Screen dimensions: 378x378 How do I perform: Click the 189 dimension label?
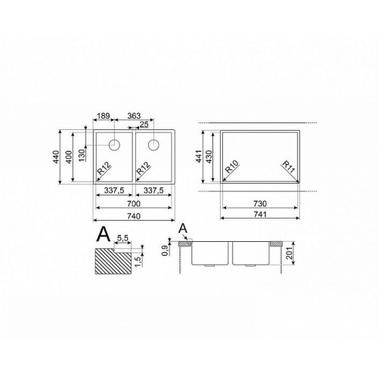tap(104, 116)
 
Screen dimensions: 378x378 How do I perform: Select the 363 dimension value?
tap(134, 116)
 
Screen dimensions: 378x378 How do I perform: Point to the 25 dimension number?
tap(144, 125)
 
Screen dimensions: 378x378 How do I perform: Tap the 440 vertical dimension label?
tap(56, 156)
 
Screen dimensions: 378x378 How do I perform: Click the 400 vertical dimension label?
tap(69, 156)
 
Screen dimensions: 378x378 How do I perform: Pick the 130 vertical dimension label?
tap(82, 155)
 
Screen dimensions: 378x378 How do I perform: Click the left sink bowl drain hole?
tap(114, 145)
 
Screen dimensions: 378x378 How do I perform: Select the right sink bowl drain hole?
tap(153, 145)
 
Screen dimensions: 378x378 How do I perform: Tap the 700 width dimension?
tap(134, 203)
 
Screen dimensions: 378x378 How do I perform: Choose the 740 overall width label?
tap(134, 216)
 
